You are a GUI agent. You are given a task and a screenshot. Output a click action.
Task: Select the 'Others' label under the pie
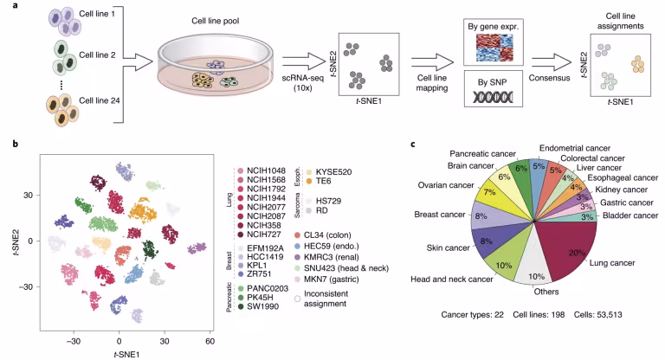546,292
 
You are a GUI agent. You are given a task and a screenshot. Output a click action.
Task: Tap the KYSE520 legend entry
329,172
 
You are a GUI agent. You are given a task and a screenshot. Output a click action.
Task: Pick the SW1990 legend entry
258,306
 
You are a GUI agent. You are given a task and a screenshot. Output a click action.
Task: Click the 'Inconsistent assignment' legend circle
298,299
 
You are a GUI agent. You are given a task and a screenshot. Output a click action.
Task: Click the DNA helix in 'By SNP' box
493,98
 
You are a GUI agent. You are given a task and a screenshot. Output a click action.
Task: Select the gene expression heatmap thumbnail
494,48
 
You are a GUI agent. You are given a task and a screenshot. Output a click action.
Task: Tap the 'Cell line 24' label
100,100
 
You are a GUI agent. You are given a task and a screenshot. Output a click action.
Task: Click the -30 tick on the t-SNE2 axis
27,286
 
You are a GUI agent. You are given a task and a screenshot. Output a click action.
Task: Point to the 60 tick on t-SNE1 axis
210,341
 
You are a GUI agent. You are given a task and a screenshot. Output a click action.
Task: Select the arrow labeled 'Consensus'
552,62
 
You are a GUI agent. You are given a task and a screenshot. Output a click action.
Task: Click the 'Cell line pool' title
216,21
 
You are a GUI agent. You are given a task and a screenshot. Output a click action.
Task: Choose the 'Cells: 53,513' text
598,315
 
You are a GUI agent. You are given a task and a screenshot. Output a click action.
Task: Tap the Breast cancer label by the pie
440,215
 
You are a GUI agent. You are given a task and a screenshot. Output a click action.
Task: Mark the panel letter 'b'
16,144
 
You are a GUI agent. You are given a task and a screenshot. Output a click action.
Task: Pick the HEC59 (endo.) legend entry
326,246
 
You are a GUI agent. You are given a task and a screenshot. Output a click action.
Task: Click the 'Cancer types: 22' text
473,315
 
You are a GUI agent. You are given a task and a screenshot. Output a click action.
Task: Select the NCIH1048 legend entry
261,170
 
